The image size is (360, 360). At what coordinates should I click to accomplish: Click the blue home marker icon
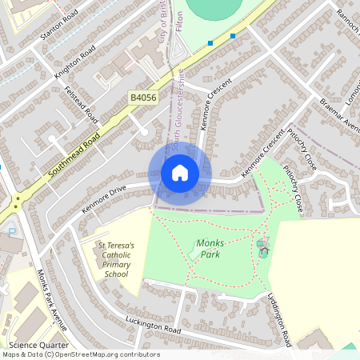pyautogui.click(x=180, y=173)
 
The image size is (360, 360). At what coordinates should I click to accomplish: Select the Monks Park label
pyautogui.click(x=209, y=249)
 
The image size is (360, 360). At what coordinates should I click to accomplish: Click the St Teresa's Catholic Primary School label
pyautogui.click(x=112, y=259)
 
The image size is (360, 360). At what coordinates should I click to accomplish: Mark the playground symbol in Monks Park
pyautogui.click(x=263, y=250)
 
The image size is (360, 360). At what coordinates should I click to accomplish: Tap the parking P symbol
pyautogui.click(x=10, y=232)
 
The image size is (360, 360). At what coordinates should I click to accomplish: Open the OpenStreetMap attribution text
pyautogui.click(x=80, y=354)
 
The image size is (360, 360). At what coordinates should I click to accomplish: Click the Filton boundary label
pyautogui.click(x=179, y=31)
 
